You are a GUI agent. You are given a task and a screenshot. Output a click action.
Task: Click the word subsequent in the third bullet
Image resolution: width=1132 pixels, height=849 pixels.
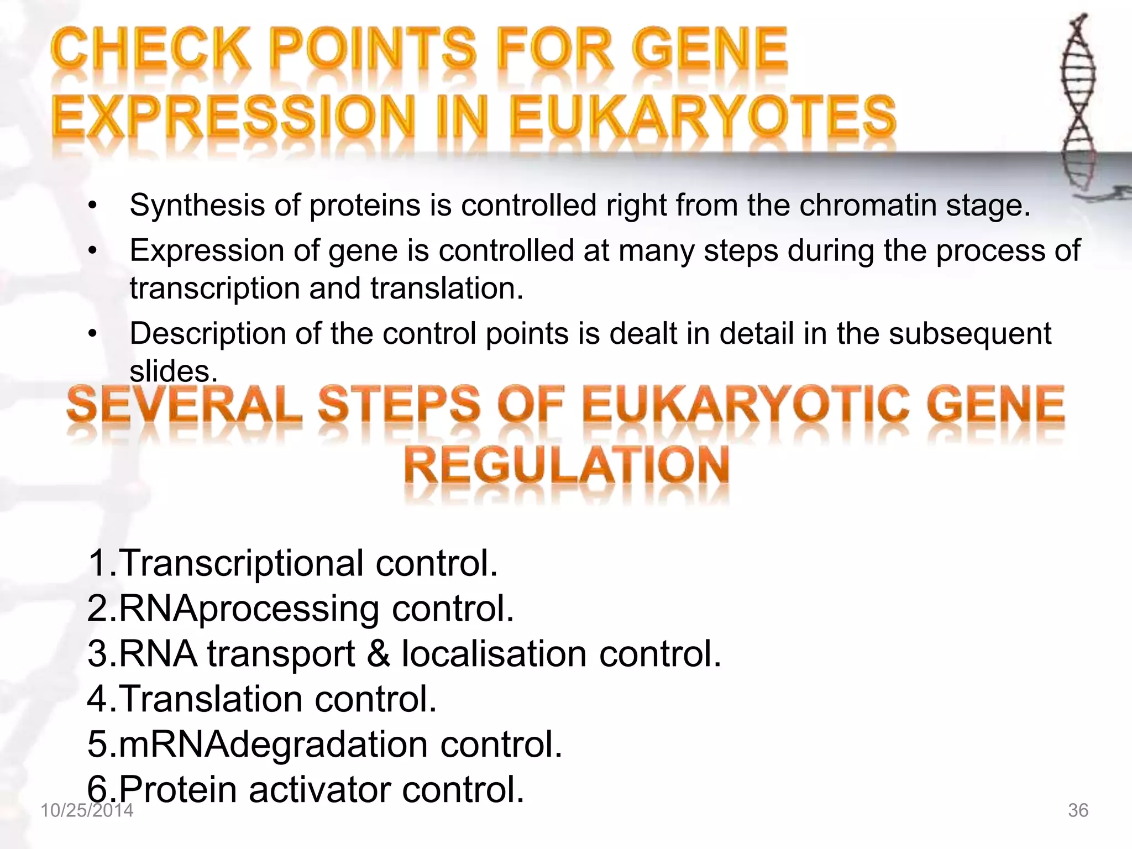[x=969, y=334]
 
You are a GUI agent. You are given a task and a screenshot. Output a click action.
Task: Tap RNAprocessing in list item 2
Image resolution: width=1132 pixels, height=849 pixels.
[x=249, y=609]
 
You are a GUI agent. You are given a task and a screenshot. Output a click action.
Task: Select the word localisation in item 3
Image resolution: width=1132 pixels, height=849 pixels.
[x=494, y=654]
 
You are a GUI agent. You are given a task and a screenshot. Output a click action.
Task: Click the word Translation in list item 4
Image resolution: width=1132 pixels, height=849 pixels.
[x=210, y=699]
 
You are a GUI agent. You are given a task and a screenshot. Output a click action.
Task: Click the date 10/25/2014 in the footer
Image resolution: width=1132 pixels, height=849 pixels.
[x=87, y=811]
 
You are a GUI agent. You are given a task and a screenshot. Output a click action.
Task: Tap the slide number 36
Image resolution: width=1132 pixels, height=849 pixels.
[x=1078, y=811]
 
